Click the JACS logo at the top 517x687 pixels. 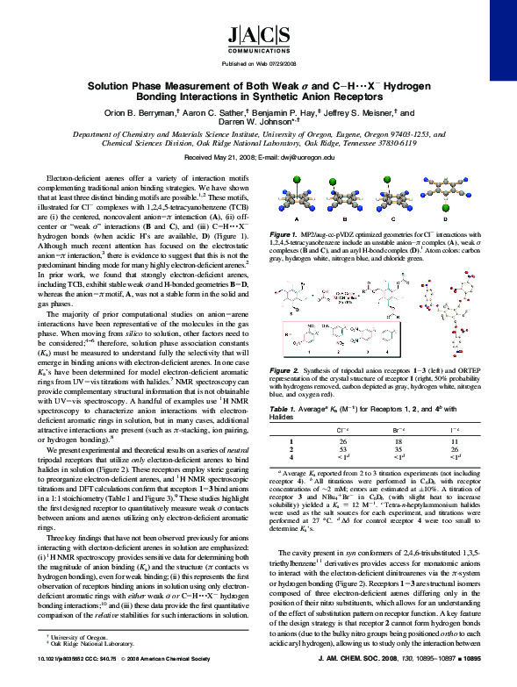click(258, 38)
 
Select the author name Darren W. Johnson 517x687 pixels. click(257, 125)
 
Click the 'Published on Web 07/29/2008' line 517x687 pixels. click(258, 65)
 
